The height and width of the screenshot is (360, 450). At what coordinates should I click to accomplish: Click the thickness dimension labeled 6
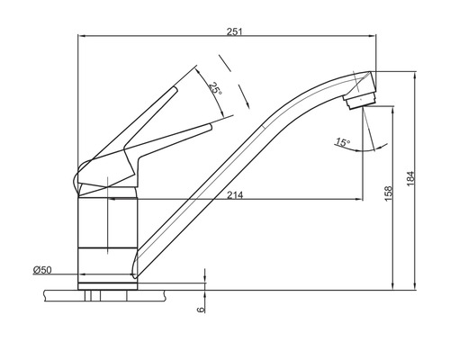click(200, 309)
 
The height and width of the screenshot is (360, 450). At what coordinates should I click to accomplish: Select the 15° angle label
click(341, 141)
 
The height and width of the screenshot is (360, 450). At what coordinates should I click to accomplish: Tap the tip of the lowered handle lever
click(214, 128)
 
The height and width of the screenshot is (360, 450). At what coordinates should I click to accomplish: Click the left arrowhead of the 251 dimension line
click(83, 36)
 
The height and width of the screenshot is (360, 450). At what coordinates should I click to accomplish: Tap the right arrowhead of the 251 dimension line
click(373, 36)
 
